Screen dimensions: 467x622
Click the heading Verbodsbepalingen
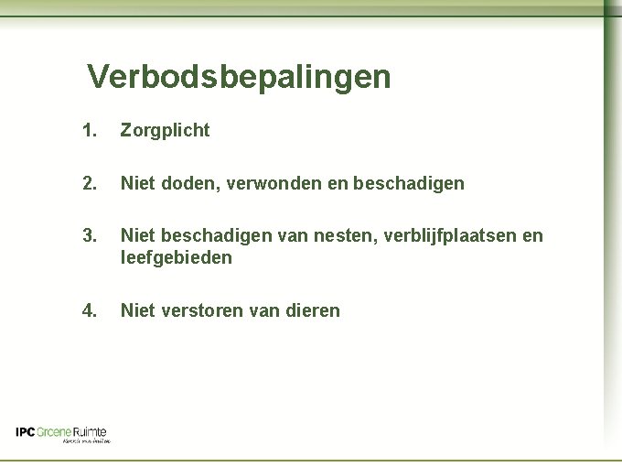[x=239, y=77]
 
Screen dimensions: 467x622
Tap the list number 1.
[x=89, y=131]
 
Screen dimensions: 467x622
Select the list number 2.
[x=89, y=184]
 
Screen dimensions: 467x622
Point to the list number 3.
[x=89, y=236]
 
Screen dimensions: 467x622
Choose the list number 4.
[x=89, y=310]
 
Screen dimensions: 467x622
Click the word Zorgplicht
[x=165, y=131]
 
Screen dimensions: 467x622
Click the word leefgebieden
[x=177, y=258]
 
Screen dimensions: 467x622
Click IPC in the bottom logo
[x=25, y=432]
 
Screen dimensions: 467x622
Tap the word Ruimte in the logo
[x=90, y=432]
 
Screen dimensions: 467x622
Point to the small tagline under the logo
[x=86, y=441]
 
